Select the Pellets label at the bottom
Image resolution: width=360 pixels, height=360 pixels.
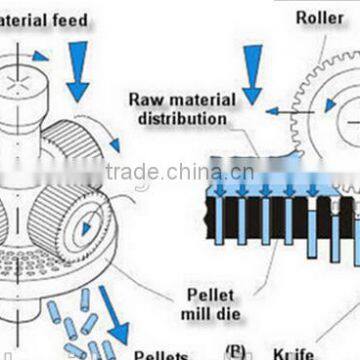[160, 353]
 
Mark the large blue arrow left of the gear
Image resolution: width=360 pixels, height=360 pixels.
[250, 74]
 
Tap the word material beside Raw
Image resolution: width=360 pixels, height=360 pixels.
[197, 99]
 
